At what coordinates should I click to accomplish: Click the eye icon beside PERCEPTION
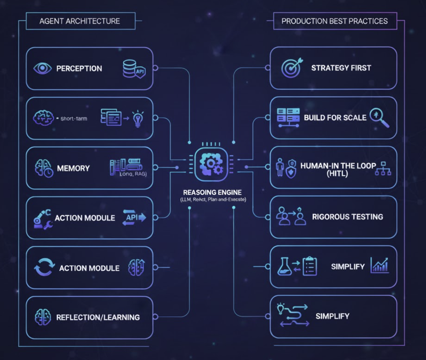coord(43,68)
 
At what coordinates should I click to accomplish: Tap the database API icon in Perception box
coord(134,69)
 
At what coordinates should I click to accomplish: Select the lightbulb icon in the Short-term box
coord(138,119)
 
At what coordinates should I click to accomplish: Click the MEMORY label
coord(73,168)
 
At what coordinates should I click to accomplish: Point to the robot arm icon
coord(42,219)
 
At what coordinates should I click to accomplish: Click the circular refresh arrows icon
coord(44,267)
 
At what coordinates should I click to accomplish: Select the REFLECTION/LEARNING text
coord(98,317)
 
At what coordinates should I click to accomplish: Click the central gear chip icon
coord(211,164)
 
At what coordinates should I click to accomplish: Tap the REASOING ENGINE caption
coord(212,192)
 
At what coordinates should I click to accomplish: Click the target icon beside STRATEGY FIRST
coord(292,67)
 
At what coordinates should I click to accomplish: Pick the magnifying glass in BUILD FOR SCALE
coord(379,118)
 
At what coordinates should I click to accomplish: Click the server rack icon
coord(288,118)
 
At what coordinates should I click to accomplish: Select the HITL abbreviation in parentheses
coord(337,173)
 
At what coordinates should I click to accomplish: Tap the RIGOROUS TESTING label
coord(347,217)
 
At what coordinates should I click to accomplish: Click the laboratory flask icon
coord(284,267)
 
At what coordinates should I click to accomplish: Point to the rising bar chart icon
coord(380,266)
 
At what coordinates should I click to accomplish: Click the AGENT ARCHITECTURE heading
coord(80,21)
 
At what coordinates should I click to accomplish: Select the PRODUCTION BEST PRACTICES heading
coord(335,21)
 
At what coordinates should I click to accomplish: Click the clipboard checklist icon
coord(310,267)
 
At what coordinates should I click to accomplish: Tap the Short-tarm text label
coord(74,119)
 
